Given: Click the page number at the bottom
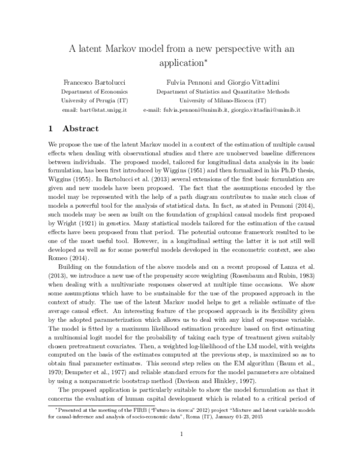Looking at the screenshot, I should pos(179,452).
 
